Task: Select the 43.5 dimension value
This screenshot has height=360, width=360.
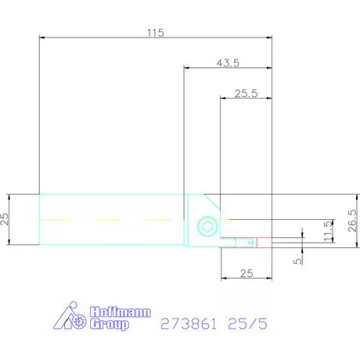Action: coord(227,63)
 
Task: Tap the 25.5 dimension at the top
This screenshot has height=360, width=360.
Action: coord(246,93)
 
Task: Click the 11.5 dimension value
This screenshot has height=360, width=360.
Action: coord(326,230)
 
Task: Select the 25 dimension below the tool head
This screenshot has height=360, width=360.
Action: coord(246,272)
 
